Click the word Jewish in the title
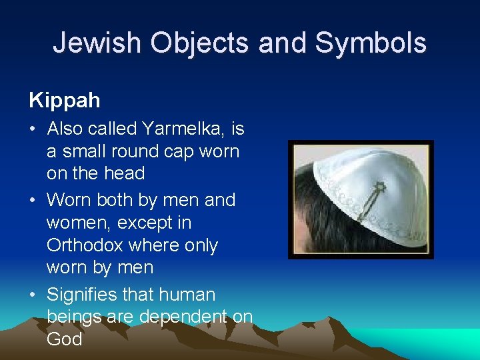coord(97,43)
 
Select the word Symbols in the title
coord(371,43)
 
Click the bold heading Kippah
coord(65,101)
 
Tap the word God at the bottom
coord(64,339)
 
